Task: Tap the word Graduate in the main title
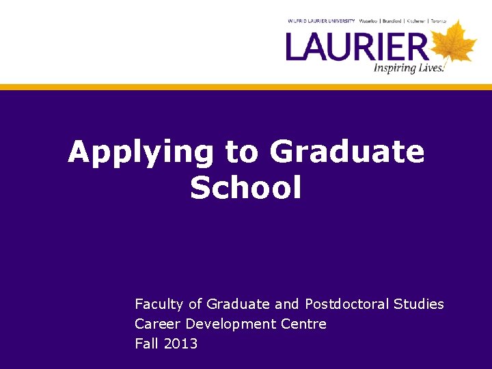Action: coord(347,152)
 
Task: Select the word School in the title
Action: coord(246,188)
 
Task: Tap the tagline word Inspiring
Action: coord(397,67)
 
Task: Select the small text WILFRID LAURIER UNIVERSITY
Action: coord(321,21)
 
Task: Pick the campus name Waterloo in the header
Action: coord(372,21)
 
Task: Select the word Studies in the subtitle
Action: coord(419,304)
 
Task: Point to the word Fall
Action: coord(146,344)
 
